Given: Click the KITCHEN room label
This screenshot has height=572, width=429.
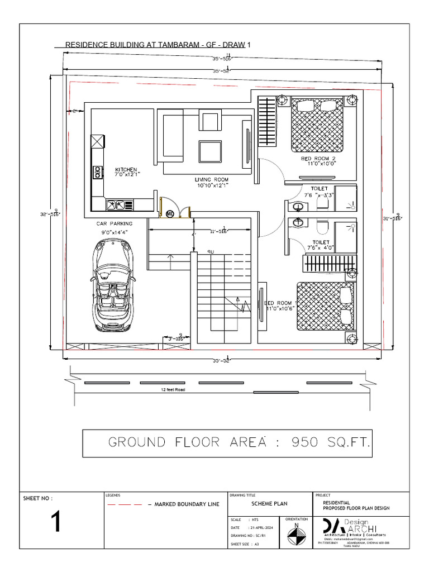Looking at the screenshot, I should pos(126,169).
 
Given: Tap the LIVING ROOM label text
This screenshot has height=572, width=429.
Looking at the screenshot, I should pos(212,180).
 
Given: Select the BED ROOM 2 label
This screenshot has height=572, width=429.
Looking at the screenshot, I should pos(318,159).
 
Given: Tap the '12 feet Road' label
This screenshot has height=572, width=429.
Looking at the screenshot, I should pos(172,389).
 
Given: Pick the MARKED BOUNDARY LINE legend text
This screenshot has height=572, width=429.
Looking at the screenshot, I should pos(184,504).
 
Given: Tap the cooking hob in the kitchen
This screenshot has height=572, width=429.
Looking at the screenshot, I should pos(97,171).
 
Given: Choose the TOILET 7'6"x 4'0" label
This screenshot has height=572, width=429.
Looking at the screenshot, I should pos(320,245).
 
